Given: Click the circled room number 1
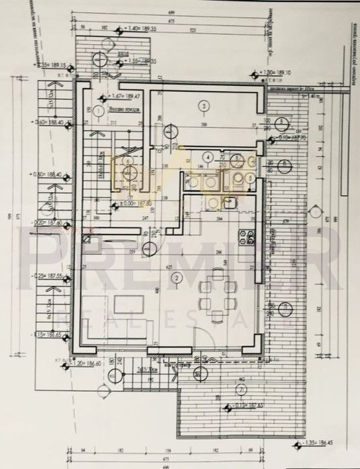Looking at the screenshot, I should point(98,109).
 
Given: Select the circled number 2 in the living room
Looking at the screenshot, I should point(177,277).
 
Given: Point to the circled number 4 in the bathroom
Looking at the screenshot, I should point(209,158).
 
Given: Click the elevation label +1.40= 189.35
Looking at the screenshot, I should point(139,30).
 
